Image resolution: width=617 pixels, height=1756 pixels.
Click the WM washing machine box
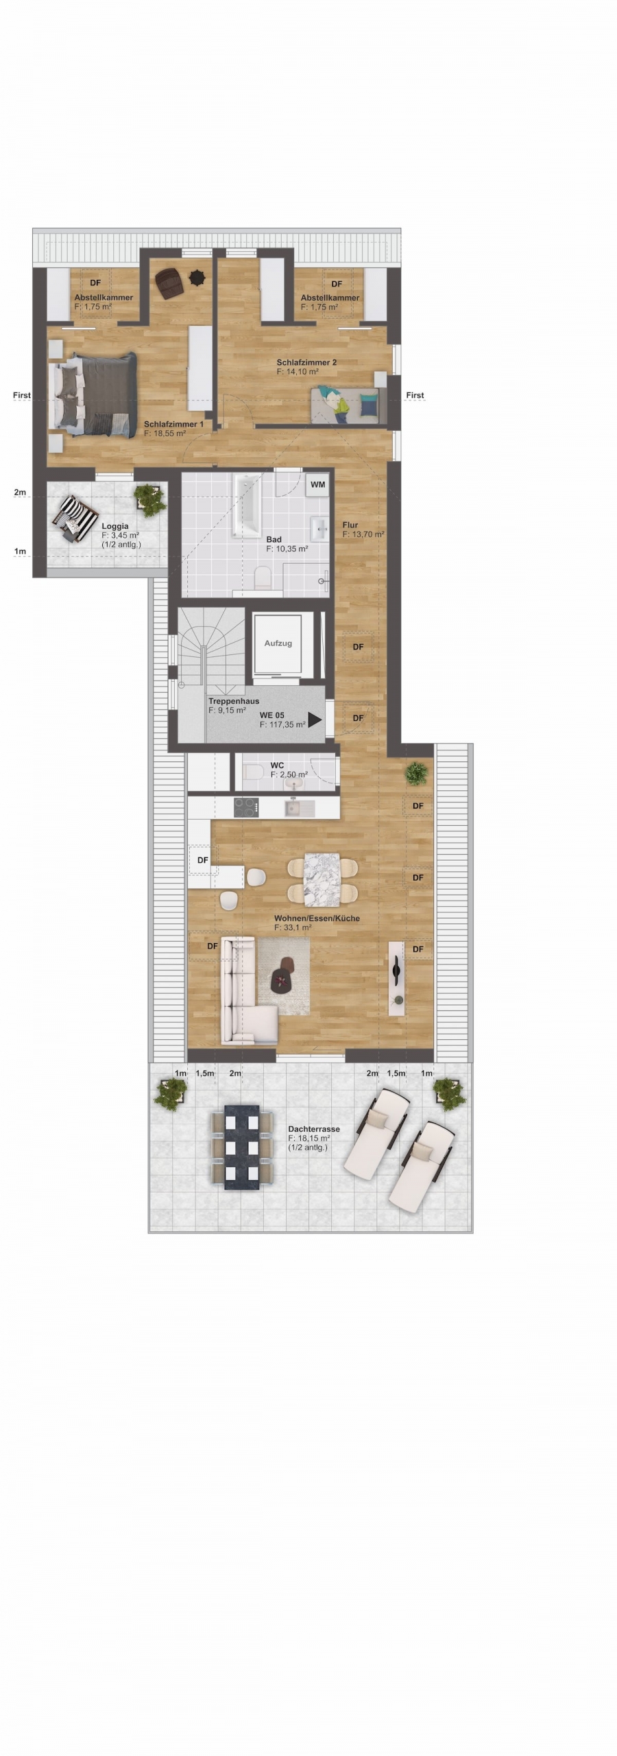317,484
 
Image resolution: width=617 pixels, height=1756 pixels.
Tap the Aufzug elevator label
278,643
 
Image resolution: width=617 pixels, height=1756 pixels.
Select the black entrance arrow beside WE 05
315,720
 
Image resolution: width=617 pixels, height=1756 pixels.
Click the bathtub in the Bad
247,506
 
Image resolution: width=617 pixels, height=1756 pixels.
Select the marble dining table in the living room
322,879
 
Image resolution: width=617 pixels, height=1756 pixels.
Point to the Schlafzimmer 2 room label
306,362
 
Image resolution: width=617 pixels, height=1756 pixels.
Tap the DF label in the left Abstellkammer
95,283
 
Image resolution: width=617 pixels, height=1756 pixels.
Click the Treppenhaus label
234,702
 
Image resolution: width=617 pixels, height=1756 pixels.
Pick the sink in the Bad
320,529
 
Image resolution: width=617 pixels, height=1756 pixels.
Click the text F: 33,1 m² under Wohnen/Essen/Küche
293,927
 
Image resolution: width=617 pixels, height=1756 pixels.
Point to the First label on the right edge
415,395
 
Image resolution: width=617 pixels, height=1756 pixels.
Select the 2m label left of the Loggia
20,493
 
